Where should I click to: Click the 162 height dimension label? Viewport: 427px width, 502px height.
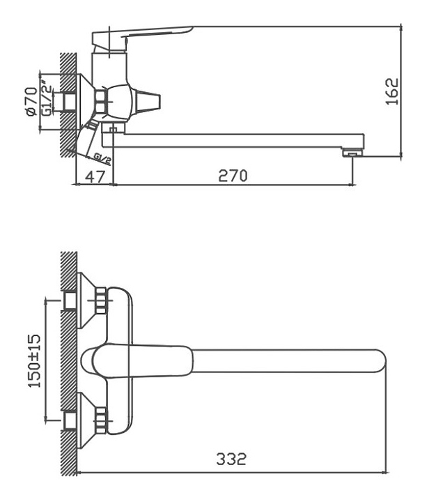[392, 91]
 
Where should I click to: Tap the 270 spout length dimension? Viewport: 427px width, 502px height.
[233, 176]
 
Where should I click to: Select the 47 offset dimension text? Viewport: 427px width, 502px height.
[95, 176]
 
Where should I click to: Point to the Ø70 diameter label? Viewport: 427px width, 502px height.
[32, 101]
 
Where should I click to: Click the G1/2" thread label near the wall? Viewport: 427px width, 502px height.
[47, 99]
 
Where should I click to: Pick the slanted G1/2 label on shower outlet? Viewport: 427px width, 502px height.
[103, 159]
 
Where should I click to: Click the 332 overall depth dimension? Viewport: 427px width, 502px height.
[231, 459]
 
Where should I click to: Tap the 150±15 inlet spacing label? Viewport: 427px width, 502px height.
[35, 361]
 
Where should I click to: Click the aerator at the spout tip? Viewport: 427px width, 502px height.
[353, 153]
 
